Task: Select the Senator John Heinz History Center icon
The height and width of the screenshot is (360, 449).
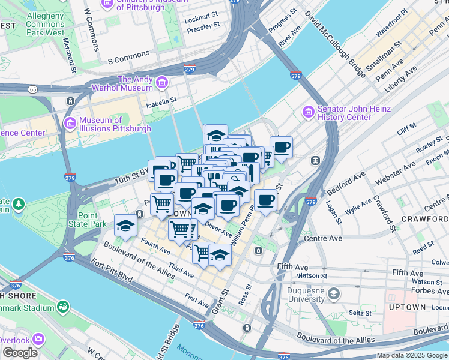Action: [308, 112]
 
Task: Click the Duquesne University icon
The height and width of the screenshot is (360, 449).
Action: [333, 293]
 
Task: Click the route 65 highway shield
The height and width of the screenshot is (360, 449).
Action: [32, 89]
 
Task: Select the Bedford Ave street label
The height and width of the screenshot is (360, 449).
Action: [352, 178]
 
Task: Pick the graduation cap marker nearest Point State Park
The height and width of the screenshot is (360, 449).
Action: [125, 226]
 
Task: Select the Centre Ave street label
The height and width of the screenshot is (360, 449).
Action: [322, 238]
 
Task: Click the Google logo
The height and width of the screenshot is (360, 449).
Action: [20, 353]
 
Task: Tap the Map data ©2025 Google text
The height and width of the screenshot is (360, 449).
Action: [412, 355]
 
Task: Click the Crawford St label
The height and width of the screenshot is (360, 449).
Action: [386, 214]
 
